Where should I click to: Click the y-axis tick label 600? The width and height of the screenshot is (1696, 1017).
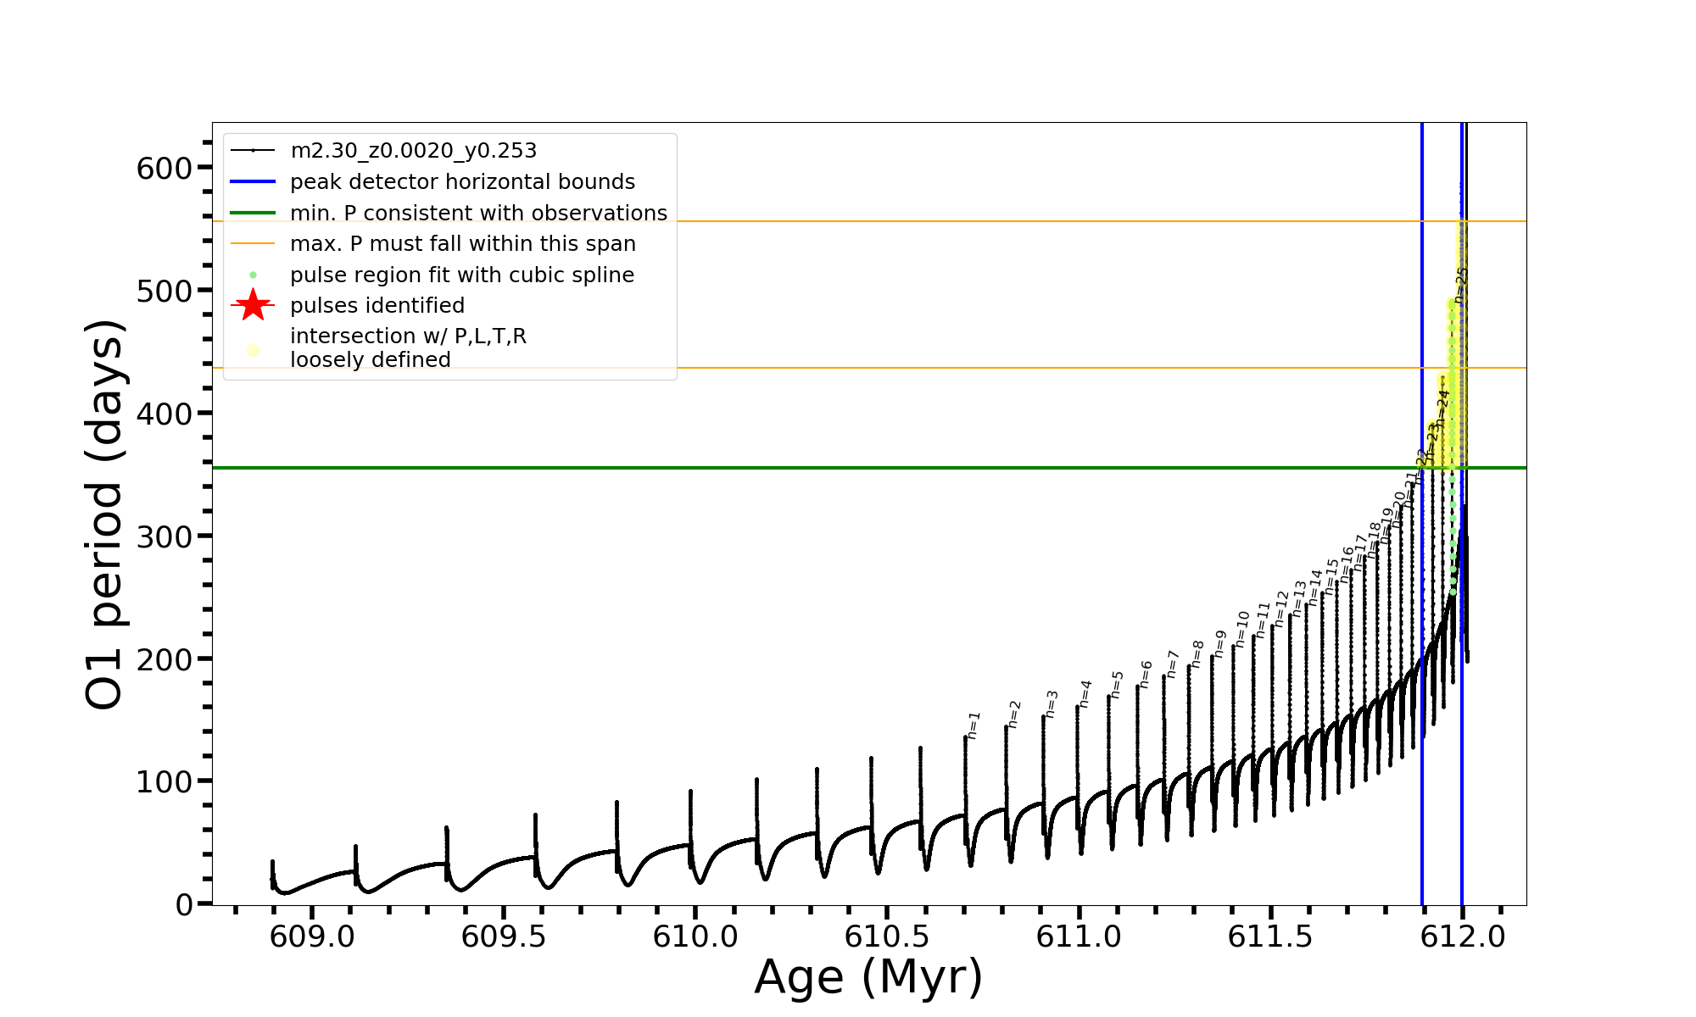click(165, 168)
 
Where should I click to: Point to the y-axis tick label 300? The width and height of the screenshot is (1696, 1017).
click(165, 536)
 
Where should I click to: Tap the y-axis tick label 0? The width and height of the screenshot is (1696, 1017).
click(185, 905)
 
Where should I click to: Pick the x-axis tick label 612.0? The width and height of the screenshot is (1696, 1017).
click(1462, 937)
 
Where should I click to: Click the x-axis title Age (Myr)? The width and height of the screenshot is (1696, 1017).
click(868, 977)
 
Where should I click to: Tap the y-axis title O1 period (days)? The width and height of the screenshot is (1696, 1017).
click(105, 514)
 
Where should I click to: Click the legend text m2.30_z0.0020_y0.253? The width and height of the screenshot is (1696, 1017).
click(413, 151)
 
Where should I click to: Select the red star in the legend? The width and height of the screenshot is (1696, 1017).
click(253, 305)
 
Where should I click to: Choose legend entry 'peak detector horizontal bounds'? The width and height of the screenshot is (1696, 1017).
click(462, 182)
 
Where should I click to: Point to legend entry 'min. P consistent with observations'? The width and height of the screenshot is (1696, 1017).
click(478, 213)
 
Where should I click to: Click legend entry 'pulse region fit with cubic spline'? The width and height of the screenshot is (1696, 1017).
click(461, 275)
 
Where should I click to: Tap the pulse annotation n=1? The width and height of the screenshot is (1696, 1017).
click(974, 725)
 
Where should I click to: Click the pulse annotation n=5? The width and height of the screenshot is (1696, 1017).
click(1117, 685)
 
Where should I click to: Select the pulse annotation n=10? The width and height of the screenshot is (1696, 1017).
click(1242, 630)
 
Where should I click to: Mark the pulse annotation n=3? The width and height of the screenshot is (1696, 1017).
click(1052, 704)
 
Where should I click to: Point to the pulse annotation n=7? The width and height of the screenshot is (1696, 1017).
click(1173, 664)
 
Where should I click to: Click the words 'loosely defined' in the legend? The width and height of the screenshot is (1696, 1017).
click(370, 360)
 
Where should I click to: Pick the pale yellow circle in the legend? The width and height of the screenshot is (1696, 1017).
click(253, 350)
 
